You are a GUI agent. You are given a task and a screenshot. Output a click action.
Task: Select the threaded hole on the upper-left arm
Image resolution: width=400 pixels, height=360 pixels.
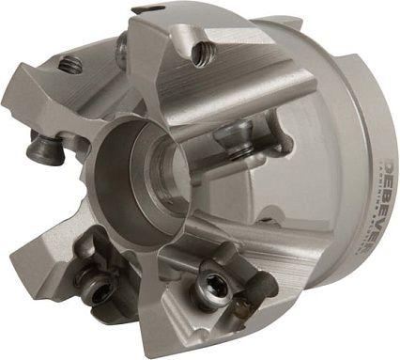click(x=69, y=64)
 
